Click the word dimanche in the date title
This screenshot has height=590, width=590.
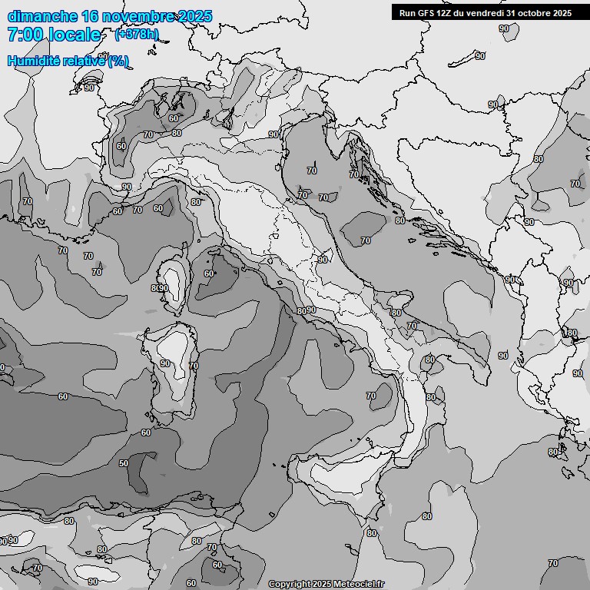point(41,16)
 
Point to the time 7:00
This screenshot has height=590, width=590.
point(23,35)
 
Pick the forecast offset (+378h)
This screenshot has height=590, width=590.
point(136,35)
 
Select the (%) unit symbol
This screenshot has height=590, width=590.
point(118,61)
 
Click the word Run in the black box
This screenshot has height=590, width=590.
point(408,13)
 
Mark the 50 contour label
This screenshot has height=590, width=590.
point(123,463)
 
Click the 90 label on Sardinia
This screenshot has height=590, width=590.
point(165,363)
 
